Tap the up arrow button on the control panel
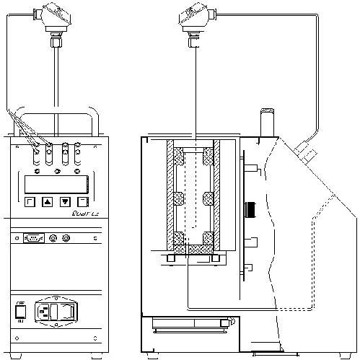[47, 202]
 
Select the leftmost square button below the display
[30, 202]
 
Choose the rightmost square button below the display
[83, 202]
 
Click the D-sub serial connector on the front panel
[33, 237]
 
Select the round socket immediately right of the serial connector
[52, 237]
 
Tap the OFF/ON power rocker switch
[20, 312]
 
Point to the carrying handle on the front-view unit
[56, 115]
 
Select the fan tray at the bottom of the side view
[192, 329]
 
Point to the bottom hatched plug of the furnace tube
[192, 247]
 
